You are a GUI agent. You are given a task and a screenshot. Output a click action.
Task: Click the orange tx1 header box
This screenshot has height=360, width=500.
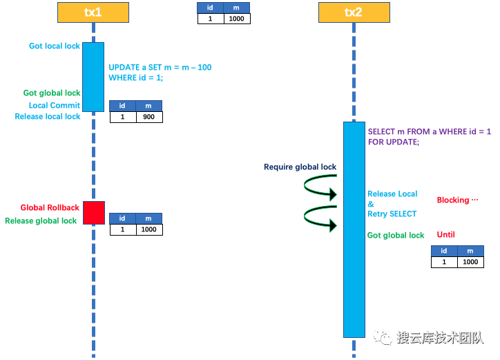(x=93, y=12)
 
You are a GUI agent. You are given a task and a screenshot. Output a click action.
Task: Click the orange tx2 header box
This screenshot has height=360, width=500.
(x=354, y=12)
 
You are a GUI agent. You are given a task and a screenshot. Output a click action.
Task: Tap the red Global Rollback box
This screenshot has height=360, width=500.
(x=94, y=212)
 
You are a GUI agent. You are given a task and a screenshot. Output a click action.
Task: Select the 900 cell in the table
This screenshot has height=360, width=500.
(x=148, y=117)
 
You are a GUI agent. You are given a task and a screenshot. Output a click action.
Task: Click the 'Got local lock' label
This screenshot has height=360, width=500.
(x=55, y=46)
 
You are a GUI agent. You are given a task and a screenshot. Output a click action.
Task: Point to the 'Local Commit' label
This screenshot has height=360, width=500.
(x=55, y=105)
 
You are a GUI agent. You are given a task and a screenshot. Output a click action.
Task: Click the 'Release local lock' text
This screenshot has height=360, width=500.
(x=48, y=117)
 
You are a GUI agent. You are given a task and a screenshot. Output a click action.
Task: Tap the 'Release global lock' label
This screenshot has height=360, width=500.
(x=41, y=220)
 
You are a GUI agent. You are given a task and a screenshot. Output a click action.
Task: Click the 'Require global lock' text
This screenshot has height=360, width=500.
(x=300, y=167)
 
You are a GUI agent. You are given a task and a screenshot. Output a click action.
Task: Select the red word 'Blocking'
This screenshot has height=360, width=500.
(x=457, y=200)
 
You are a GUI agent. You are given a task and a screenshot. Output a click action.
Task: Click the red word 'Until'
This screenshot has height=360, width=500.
(x=446, y=234)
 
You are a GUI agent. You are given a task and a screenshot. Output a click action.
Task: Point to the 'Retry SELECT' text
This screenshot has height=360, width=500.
(x=392, y=214)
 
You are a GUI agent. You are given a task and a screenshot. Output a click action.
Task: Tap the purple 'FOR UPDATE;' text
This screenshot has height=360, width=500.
(x=393, y=142)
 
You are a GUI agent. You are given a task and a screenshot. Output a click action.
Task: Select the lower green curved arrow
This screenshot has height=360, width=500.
(x=320, y=218)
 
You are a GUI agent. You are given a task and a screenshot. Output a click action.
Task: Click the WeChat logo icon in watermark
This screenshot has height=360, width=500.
(x=383, y=337)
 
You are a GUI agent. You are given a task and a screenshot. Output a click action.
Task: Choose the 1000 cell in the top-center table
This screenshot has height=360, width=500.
(x=237, y=19)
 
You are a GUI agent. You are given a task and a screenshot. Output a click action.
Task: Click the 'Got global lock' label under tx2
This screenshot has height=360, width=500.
(x=396, y=236)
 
